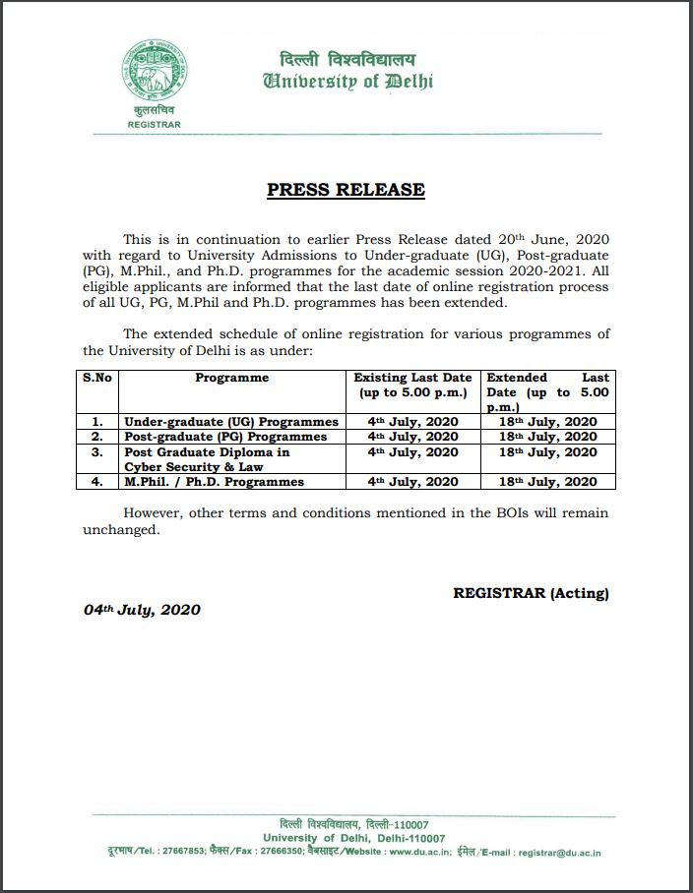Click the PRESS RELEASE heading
click(346, 190)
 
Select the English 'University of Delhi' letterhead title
click(347, 82)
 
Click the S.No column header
click(97, 378)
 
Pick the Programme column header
click(231, 378)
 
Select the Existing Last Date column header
click(413, 385)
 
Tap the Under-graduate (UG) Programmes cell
click(231, 422)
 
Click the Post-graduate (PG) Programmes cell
click(225, 437)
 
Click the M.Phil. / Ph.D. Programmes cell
click(214, 482)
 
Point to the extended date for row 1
click(547, 422)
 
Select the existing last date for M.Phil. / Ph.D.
click(413, 482)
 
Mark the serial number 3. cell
click(97, 452)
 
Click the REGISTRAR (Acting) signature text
click(531, 593)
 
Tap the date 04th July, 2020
click(142, 610)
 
